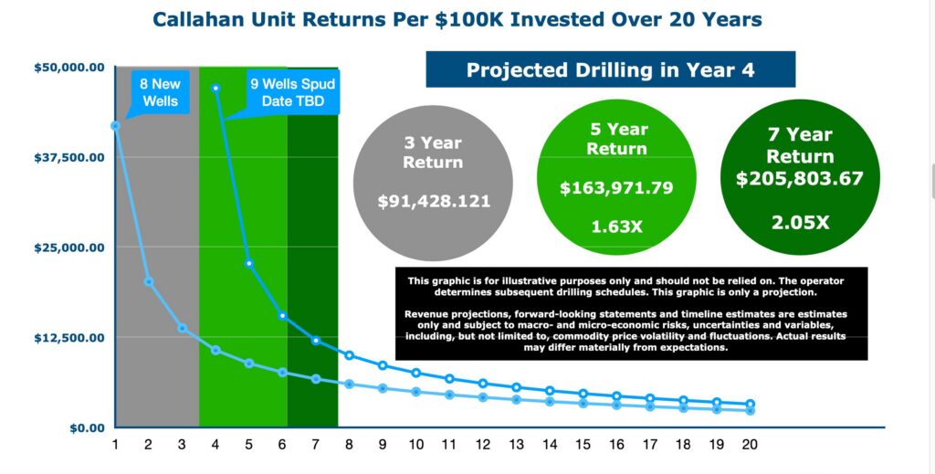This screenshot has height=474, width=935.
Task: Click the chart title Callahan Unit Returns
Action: click(457, 19)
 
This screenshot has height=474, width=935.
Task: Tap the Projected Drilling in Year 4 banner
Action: click(610, 70)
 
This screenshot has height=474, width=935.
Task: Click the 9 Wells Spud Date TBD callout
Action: click(292, 92)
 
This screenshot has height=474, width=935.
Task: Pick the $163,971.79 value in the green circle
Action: click(616, 189)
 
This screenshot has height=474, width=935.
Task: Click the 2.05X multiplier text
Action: click(799, 221)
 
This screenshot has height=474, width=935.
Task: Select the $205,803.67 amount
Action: click(799, 179)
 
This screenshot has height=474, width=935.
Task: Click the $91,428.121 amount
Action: click(434, 201)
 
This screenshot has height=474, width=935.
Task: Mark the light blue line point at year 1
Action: click(115, 125)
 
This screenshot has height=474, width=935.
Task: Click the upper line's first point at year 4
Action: click(215, 89)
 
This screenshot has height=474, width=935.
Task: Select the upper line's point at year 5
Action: click(248, 263)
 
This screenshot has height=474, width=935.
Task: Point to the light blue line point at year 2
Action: click(148, 281)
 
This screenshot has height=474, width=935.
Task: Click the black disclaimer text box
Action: click(631, 313)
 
